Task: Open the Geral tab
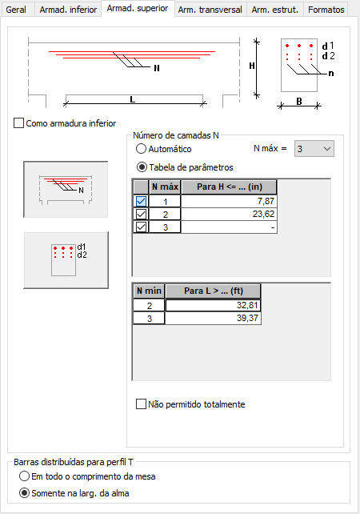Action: tap(16, 10)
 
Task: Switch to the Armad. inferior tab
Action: tap(68, 10)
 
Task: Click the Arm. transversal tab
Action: tap(210, 10)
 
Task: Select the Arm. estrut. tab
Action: tap(275, 10)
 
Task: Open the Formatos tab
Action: tap(326, 10)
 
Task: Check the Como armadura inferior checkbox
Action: tap(18, 123)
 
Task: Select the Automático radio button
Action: tap(141, 149)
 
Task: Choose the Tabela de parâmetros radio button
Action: tap(142, 167)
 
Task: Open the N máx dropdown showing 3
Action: tap(314, 149)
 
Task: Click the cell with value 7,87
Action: tap(229, 201)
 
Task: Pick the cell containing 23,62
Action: tap(229, 214)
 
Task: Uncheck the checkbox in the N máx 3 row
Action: tap(141, 227)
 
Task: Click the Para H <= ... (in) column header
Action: tap(230, 187)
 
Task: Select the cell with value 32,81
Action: tap(214, 306)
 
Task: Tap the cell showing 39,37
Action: tap(214, 319)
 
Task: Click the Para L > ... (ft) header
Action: tap(214, 291)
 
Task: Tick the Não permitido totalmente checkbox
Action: tap(141, 404)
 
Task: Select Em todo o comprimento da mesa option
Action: tap(24, 476)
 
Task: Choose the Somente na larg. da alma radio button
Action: tap(24, 493)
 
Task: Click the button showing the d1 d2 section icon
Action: tap(66, 260)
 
